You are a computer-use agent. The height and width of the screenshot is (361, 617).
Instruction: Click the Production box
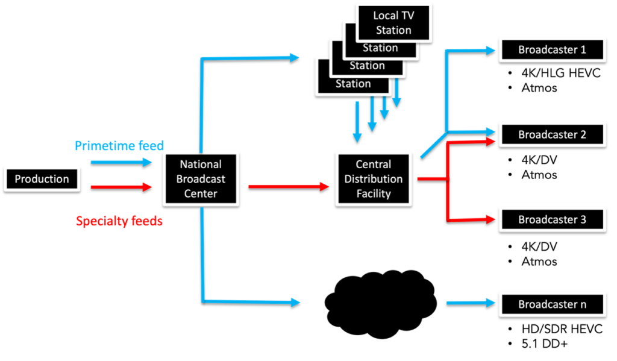click(x=42, y=179)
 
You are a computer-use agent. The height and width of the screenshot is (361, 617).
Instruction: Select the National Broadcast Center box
click(x=201, y=179)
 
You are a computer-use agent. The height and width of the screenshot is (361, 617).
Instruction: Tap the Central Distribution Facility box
click(x=374, y=179)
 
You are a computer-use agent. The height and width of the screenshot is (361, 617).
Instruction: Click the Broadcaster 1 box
click(x=552, y=49)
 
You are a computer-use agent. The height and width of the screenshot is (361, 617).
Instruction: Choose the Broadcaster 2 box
click(x=552, y=134)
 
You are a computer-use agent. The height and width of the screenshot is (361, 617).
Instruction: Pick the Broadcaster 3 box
click(x=552, y=219)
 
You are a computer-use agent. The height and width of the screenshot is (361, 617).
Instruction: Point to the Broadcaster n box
click(x=552, y=304)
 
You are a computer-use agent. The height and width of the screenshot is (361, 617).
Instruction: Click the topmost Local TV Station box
click(x=393, y=23)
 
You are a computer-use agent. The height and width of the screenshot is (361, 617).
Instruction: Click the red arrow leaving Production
click(x=121, y=187)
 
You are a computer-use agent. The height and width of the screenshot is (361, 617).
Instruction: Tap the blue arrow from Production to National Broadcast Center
click(x=121, y=162)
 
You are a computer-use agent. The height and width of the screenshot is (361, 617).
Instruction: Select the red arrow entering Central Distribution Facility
click(x=289, y=186)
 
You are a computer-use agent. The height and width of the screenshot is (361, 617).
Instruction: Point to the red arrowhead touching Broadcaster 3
click(x=490, y=219)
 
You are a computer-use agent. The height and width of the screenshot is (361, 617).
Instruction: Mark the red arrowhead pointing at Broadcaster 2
click(x=490, y=141)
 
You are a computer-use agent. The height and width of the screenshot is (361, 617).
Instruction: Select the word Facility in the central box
click(x=374, y=194)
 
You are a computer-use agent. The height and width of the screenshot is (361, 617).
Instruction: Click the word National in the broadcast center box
click(x=201, y=164)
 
